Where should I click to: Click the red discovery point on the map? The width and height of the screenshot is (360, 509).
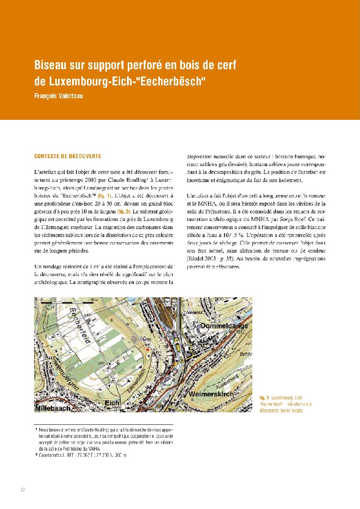tap(147, 348)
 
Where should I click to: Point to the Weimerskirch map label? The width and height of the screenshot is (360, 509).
tap(211, 393)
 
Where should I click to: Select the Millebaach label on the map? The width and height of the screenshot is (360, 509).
tap(53, 408)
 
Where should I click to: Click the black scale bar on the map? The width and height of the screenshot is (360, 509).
tap(67, 302)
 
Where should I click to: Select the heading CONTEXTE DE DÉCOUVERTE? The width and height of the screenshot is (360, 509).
tap(68, 156)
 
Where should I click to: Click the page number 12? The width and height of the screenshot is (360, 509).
tap(23, 490)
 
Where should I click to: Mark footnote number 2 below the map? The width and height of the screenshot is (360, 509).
tap(36, 455)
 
